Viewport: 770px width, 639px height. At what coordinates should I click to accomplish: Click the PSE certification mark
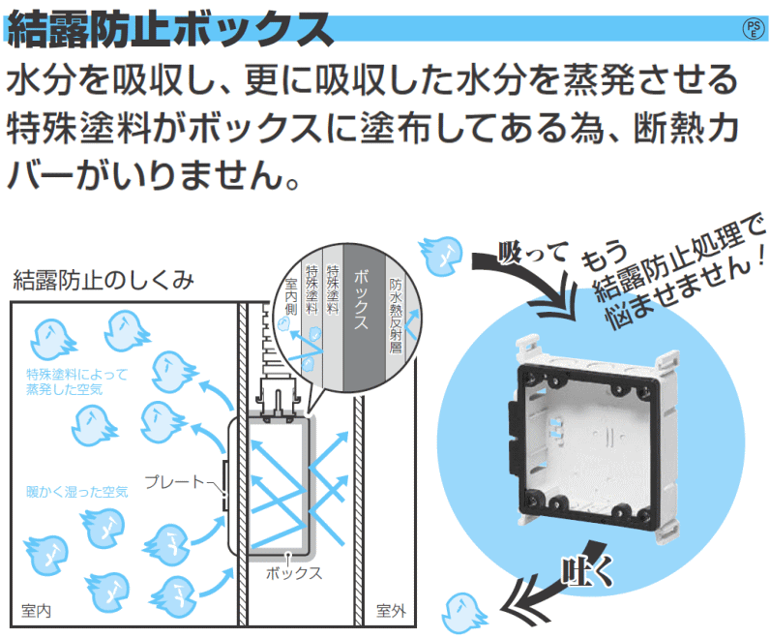point(755,28)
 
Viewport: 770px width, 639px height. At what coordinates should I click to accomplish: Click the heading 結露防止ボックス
point(170,29)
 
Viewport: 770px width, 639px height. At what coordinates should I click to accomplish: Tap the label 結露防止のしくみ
point(104,281)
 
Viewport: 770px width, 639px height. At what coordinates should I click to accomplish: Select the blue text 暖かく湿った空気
point(77,492)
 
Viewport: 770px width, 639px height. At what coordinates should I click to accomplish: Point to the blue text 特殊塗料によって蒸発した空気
point(76,381)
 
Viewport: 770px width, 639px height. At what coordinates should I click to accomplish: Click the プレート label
point(174,482)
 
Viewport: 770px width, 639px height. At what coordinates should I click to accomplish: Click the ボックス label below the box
point(294,573)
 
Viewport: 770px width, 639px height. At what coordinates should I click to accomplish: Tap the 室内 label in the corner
point(37,611)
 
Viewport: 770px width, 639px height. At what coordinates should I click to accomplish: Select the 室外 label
point(391,611)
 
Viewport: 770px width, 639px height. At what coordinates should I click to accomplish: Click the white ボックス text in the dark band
point(361,299)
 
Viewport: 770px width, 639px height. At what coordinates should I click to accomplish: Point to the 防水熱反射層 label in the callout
point(396,316)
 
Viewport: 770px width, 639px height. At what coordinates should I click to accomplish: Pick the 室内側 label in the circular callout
point(291,296)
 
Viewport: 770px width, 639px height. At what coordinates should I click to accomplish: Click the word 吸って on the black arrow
point(533,253)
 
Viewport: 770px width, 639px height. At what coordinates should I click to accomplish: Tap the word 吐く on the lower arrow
point(587,570)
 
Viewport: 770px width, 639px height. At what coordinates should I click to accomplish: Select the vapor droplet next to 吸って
point(441,255)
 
